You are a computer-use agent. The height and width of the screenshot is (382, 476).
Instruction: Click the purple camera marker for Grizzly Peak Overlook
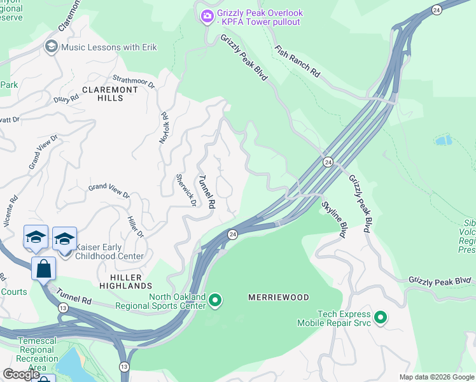coord(206,17)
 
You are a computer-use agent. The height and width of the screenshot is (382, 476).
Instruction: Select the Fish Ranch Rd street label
coord(297,60)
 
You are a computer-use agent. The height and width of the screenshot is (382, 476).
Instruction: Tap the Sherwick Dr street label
coord(185,190)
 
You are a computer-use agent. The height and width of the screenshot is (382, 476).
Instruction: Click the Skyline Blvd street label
coord(333,219)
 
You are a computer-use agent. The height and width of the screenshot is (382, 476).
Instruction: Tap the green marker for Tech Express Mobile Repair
coord(381,317)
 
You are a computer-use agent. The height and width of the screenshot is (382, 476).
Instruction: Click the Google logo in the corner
coord(21,374)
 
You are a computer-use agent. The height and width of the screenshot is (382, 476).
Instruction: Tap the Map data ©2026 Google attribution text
coord(436,377)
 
